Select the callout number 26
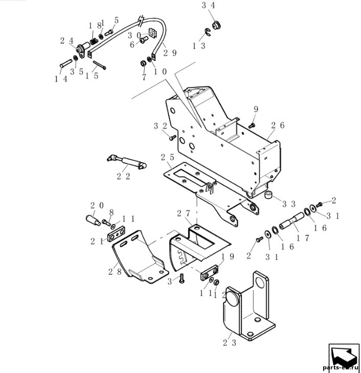[x=278, y=125]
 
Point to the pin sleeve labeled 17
[x=291, y=221]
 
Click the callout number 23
[x=230, y=343]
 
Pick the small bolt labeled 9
[x=252, y=125]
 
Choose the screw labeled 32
[x=173, y=137]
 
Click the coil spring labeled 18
[x=94, y=41]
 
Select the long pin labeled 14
[x=66, y=63]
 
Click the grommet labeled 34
[x=216, y=25]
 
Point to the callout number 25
[x=168, y=157]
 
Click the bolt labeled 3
[x=182, y=278]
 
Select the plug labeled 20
[x=93, y=220]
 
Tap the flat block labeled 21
[x=117, y=234]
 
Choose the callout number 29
[x=170, y=53]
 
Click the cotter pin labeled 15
[x=99, y=65]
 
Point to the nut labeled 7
[x=143, y=63]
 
